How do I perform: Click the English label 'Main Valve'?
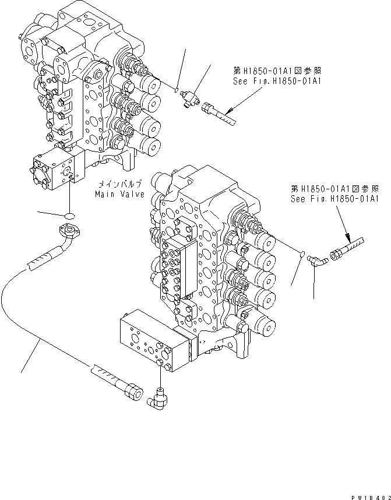(120, 193)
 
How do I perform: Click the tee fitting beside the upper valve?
(190, 94)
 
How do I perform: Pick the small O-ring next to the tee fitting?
(175, 89)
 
